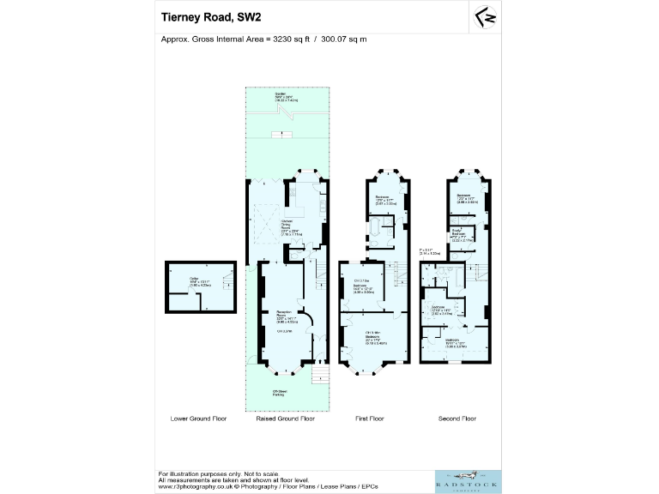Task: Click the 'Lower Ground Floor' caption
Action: point(198,419)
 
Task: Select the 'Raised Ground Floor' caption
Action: point(285,419)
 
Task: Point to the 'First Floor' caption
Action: point(370,419)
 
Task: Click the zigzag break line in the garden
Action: point(280,134)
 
